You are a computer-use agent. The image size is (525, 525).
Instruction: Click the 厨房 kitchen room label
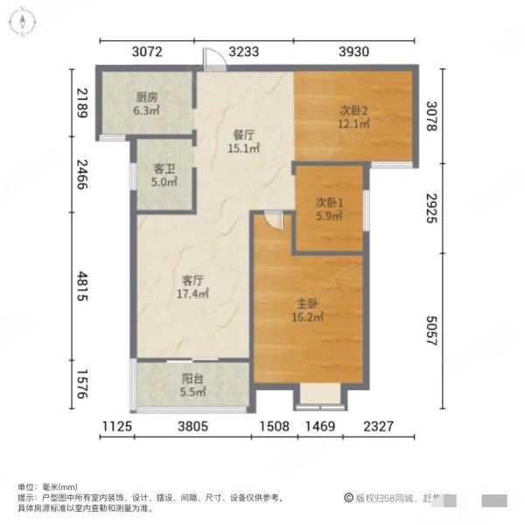pyautogui.click(x=147, y=97)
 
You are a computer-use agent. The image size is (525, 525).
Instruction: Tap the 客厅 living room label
pyautogui.click(x=193, y=281)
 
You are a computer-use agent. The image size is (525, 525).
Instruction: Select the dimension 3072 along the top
pyautogui.click(x=148, y=52)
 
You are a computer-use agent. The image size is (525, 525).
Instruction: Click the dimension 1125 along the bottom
pyautogui.click(x=115, y=426)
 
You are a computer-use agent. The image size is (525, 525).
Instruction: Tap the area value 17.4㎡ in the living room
pyautogui.click(x=193, y=294)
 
